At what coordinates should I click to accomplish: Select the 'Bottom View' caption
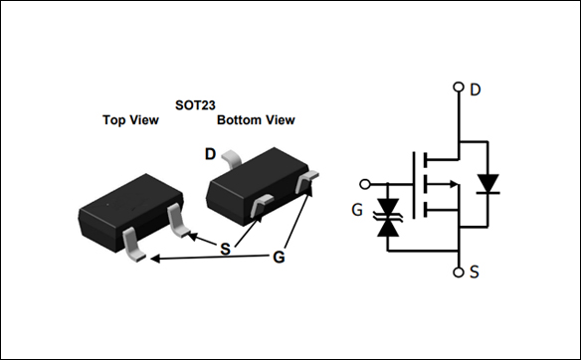pos(256,120)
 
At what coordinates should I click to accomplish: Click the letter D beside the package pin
pos(210,153)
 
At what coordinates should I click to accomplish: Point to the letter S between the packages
pos(226,248)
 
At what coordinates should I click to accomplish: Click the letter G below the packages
pos(281,257)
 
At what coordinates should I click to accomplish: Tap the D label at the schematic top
pos(476,90)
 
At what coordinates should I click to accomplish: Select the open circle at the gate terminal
pos(364,184)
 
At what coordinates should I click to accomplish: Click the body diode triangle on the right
pos(487,184)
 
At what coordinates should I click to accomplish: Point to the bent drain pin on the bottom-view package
pos(233,157)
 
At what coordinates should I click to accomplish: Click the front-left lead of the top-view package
pos(135,246)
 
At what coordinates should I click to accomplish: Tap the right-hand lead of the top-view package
pos(179,222)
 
